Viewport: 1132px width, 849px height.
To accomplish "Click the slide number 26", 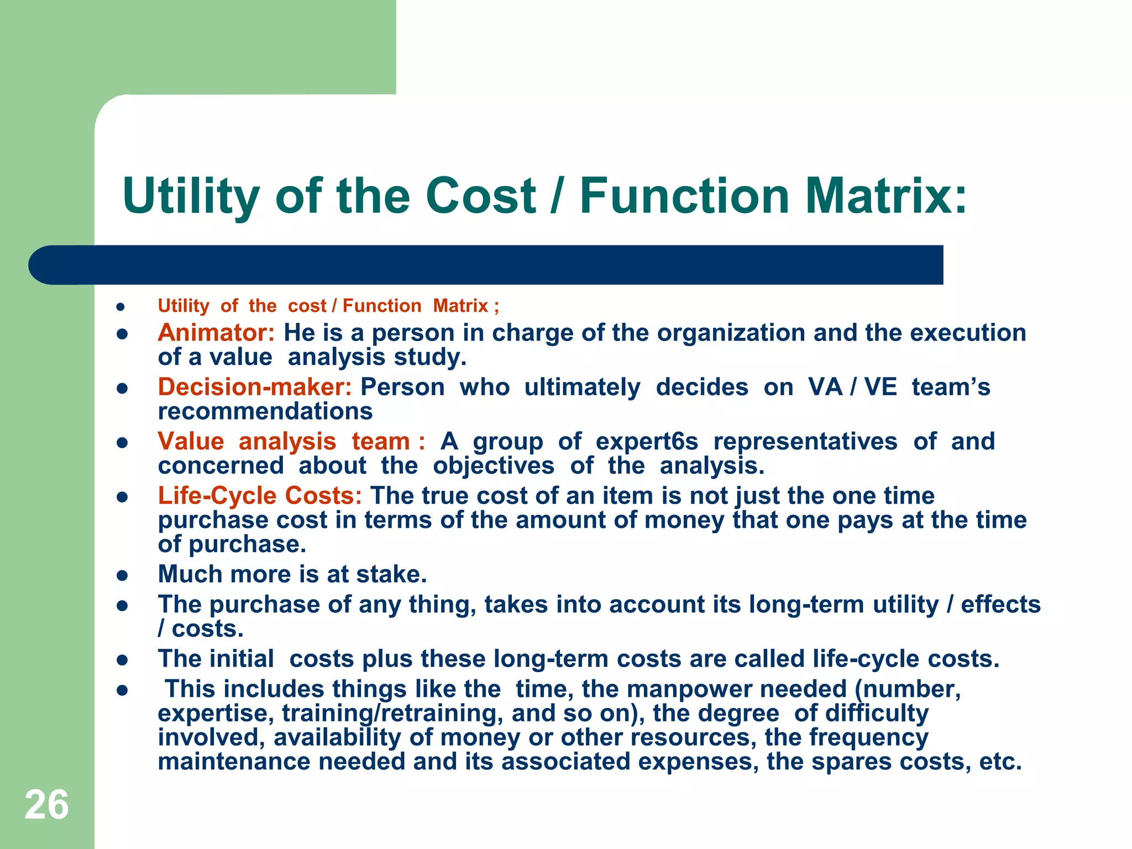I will tap(46, 805).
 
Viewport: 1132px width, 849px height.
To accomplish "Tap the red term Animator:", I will tap(216, 333).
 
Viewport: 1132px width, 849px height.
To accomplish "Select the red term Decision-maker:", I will tap(255, 387).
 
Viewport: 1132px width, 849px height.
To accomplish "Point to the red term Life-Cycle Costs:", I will tap(260, 496).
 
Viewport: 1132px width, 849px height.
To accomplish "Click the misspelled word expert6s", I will tap(647, 442).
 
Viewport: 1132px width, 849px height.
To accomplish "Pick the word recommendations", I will tap(265, 411).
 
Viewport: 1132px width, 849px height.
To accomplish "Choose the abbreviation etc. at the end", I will tap(1000, 762).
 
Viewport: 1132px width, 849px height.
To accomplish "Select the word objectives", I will tap(493, 466).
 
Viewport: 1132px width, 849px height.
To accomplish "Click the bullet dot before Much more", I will tap(122, 575).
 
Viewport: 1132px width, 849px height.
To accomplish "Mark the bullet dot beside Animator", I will tap(122, 334).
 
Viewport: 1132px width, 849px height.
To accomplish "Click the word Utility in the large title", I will tap(191, 196).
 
